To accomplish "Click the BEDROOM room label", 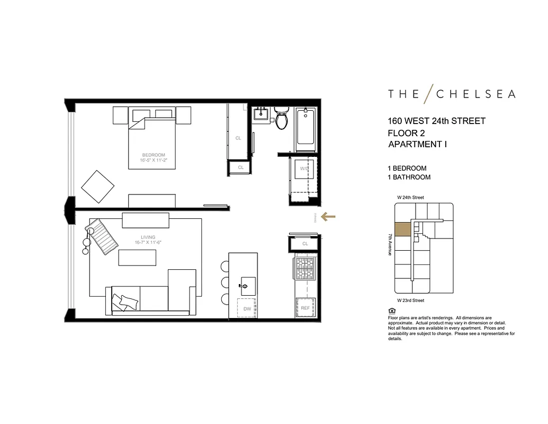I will tap(153, 155).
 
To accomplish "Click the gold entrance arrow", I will tap(328, 216).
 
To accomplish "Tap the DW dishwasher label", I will tap(247, 308).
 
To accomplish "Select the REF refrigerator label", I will tap(305, 308).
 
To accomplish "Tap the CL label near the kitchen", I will tap(305, 244).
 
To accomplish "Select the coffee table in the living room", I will tap(137, 258).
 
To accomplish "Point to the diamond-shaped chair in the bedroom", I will tap(97, 185).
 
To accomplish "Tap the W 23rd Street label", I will tap(411, 301).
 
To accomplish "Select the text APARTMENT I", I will tap(417, 144).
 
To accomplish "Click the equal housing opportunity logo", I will tap(391, 311).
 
